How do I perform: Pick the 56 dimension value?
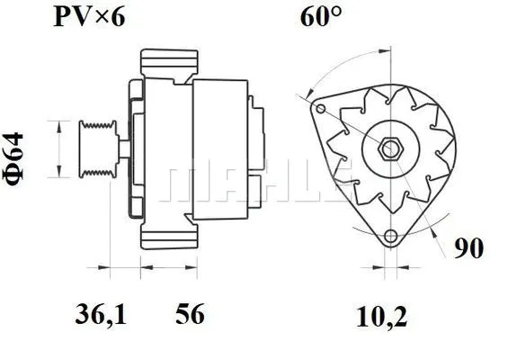[x=189, y=315]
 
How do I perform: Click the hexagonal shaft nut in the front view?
[x=392, y=148]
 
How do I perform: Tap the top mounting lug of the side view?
[x=168, y=64]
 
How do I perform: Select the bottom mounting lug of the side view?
[x=168, y=236]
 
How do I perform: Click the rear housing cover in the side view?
[x=220, y=148]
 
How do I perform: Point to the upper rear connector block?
[x=258, y=121]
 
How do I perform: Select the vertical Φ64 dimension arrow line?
[x=60, y=148]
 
